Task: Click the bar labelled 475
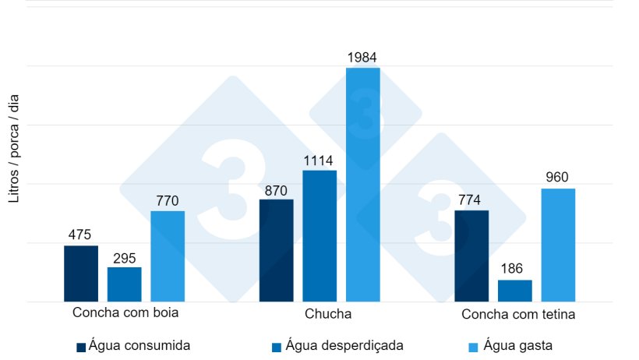pos(81,274)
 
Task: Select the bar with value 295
pos(125,284)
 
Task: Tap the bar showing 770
pos(168,256)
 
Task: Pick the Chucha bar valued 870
pos(276,250)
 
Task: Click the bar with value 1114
pos(319,235)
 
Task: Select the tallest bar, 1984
pos(363,185)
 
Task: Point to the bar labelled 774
pos(471,256)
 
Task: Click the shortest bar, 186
pos(515,291)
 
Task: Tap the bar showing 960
pos(558,245)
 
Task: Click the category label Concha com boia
pos(125,313)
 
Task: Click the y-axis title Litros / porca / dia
pos(14,148)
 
